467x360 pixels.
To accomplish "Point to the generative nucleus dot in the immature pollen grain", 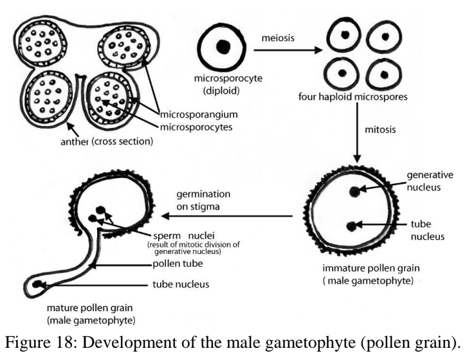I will pos(354,190).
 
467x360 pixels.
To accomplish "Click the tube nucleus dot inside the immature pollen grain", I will pos(351,226).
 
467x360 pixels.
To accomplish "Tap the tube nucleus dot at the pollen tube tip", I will pos(39,284).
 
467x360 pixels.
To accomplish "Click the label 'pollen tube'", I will pos(171,263).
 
